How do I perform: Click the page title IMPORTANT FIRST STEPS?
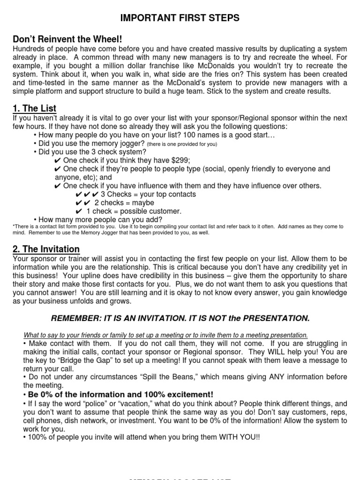[180, 18]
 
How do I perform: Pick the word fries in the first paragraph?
[256, 75]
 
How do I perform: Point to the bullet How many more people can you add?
[98, 219]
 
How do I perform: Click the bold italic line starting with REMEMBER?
[180, 319]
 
